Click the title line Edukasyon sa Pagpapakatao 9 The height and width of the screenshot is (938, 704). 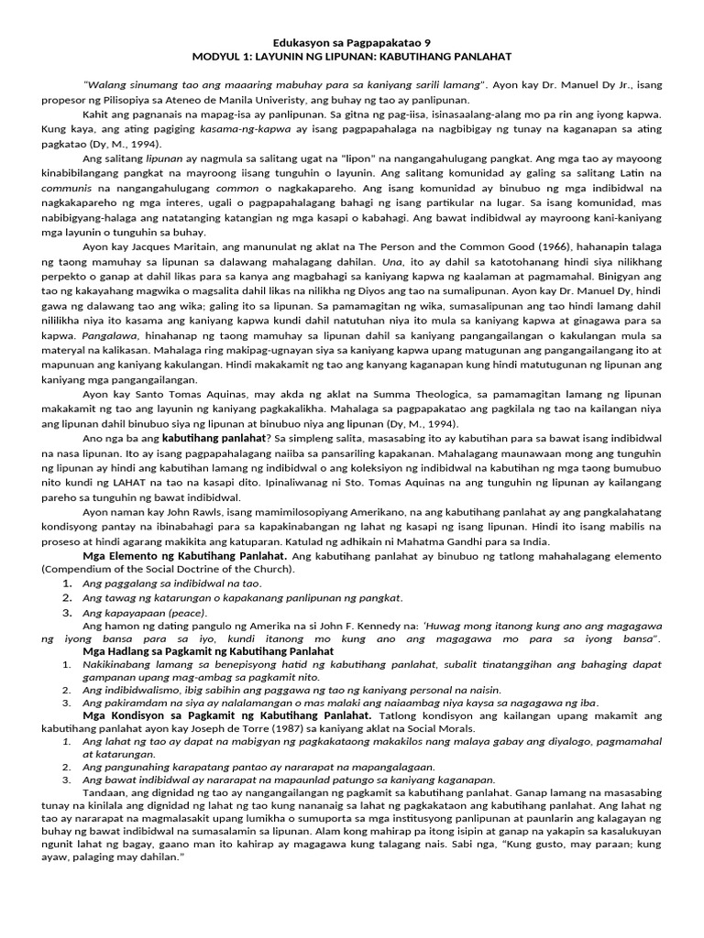352,42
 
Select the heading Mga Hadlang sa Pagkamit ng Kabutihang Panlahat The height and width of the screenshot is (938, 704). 191,649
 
